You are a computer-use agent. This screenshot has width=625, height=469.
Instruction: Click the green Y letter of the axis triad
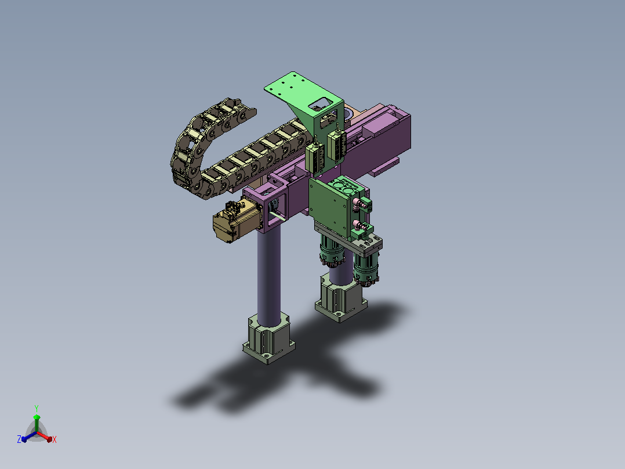pyautogui.click(x=37, y=409)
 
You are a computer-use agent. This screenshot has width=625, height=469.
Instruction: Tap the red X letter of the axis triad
pyautogui.click(x=54, y=439)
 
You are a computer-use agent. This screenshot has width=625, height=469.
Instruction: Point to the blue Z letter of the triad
pyautogui.click(x=19, y=439)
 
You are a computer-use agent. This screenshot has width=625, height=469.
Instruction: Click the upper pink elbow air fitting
pyautogui.click(x=360, y=204)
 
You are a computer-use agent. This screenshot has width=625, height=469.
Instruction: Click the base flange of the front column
pyautogui.click(x=268, y=341)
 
